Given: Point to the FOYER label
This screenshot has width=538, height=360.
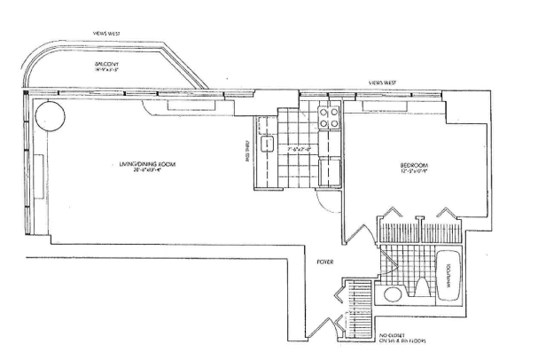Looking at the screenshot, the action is [324, 262].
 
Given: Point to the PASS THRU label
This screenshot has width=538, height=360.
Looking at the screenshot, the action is [244, 152].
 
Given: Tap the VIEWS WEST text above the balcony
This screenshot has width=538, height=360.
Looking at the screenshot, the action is [110, 36].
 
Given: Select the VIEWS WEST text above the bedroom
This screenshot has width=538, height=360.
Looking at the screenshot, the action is [383, 83].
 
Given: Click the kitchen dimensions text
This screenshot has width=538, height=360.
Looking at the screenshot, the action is [301, 149].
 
